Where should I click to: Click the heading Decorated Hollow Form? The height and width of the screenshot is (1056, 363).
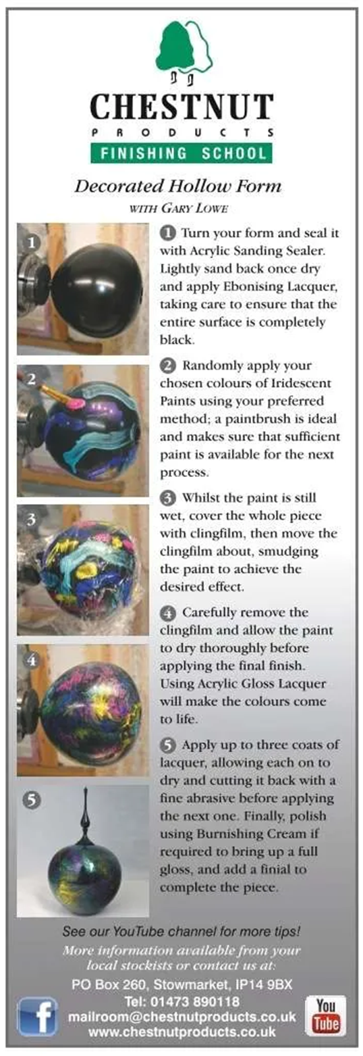pos(178,186)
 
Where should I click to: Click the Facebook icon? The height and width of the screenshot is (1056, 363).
pos(38,1020)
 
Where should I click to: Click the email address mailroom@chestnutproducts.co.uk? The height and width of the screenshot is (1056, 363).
pos(182,1016)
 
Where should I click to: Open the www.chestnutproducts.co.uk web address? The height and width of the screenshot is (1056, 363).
pos(182,1032)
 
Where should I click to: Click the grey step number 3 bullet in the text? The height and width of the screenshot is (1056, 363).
pos(169,498)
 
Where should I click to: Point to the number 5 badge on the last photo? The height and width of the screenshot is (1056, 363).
pos(32,799)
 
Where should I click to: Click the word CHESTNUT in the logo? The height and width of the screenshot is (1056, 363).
pos(181,107)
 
